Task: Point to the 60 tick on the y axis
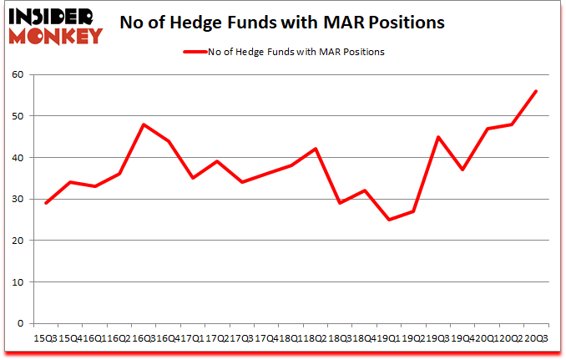(17, 74)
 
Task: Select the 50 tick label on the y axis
(17, 116)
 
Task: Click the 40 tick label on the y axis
(17, 158)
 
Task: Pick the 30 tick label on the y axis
(17, 199)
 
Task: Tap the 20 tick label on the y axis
(17, 241)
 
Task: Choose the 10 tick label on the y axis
(17, 282)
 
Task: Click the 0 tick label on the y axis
(20, 324)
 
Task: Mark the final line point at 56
(536, 91)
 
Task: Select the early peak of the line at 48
(144, 124)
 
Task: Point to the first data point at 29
(45, 203)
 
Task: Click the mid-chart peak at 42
(316, 149)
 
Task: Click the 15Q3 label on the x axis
(45, 338)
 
